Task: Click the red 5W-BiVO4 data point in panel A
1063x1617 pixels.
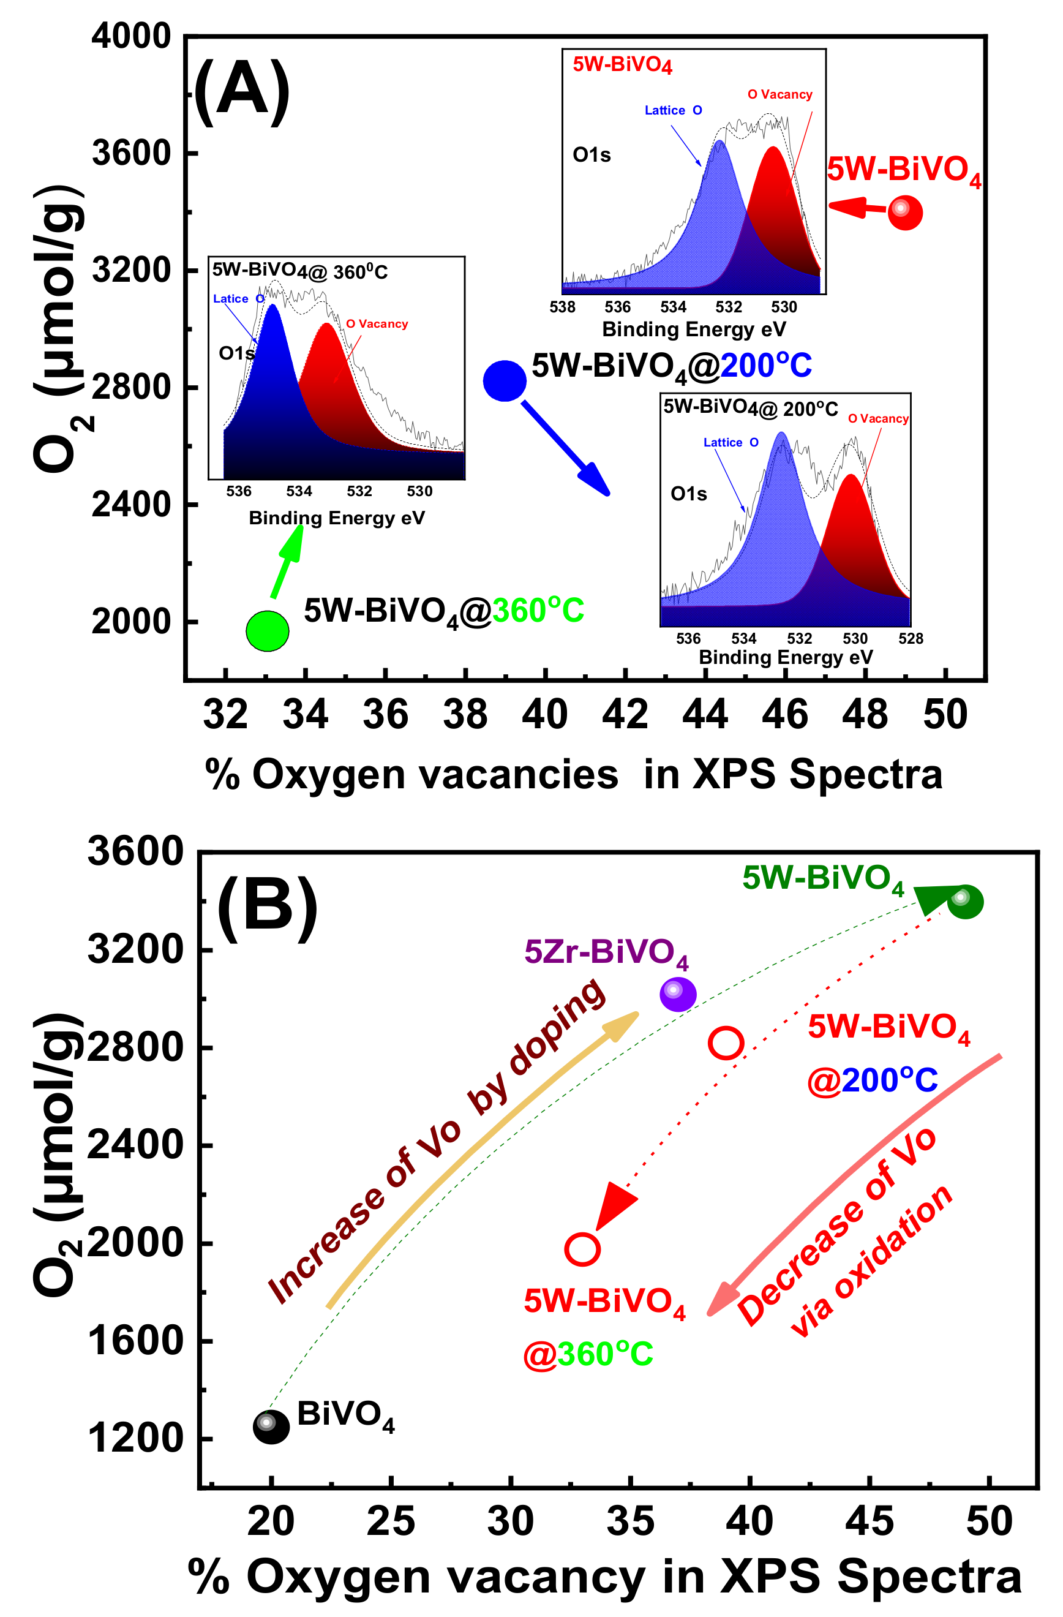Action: [x=905, y=212]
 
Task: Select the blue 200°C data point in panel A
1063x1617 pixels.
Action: [x=505, y=380]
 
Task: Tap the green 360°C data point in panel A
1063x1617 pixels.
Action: [x=268, y=631]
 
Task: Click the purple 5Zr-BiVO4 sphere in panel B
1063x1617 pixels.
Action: [x=678, y=995]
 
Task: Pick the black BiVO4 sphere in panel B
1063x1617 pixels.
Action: [x=271, y=1427]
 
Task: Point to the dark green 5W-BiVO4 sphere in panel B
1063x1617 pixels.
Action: [x=964, y=902]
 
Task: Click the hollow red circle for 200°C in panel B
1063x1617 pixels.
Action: [x=726, y=1044]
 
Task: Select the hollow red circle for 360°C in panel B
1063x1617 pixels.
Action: [x=582, y=1249]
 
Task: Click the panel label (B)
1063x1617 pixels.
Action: [x=267, y=909]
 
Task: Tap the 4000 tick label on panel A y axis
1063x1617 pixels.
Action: [x=131, y=36]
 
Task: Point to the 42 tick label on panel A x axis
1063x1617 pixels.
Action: [x=625, y=715]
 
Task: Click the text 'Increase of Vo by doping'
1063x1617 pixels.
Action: [x=435, y=1142]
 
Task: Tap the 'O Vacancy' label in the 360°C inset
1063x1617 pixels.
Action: [x=377, y=324]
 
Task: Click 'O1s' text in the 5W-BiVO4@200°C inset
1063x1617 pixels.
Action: [x=688, y=494]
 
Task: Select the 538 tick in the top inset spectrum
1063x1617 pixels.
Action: [x=562, y=307]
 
